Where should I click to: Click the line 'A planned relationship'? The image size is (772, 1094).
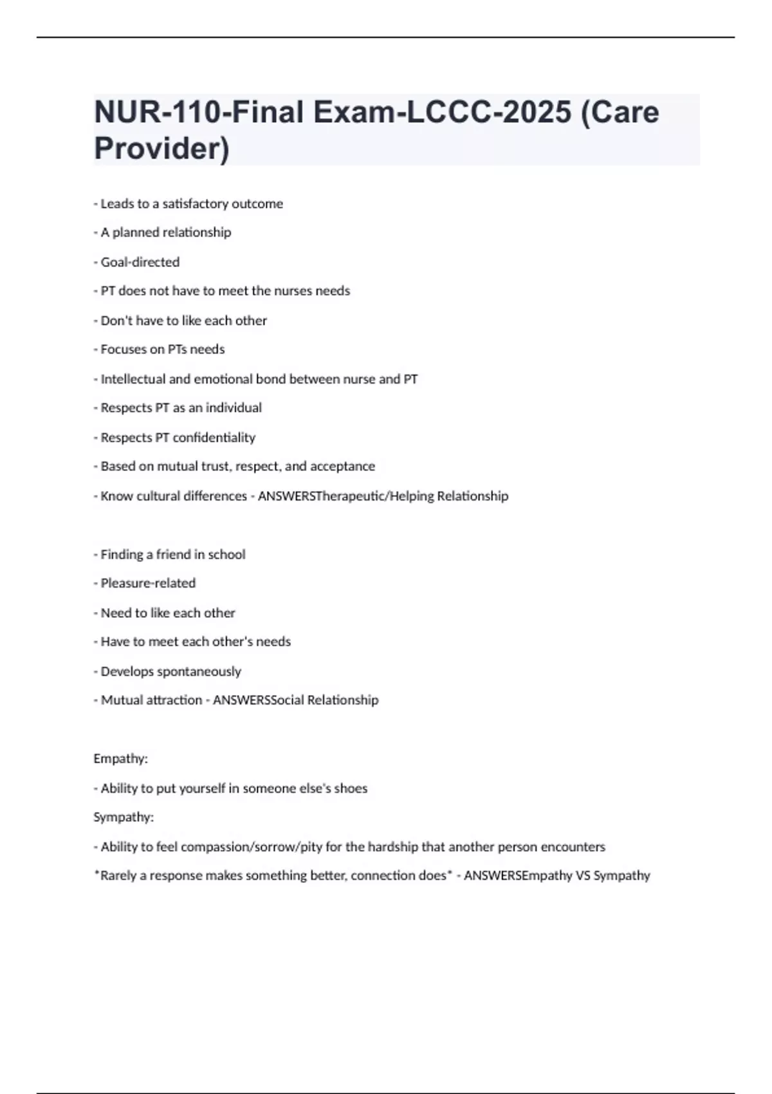tap(165, 232)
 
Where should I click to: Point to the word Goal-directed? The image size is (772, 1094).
tap(140, 262)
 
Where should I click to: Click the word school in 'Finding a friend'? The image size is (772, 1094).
tap(226, 555)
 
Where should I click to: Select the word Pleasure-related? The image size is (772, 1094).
tap(148, 583)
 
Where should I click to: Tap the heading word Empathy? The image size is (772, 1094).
tap(120, 759)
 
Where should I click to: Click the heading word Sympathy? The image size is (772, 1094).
tap(124, 817)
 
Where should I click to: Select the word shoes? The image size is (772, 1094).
tap(351, 788)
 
